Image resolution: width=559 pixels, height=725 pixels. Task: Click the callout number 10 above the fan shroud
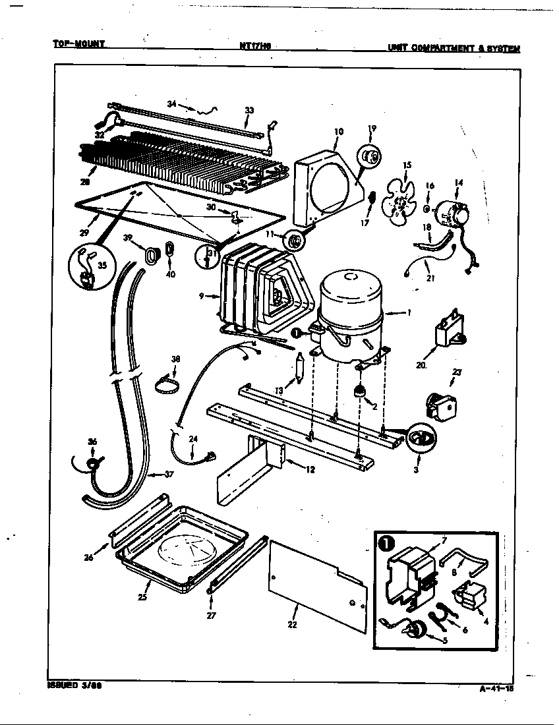338,131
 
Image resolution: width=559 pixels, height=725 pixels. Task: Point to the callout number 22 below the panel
293,624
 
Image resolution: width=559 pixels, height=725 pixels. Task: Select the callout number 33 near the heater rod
249,110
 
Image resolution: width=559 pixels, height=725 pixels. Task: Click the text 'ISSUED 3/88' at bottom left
74,685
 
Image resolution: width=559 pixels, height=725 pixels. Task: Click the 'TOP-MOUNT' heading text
79,45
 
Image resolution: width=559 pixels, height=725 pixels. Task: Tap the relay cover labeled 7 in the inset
407,569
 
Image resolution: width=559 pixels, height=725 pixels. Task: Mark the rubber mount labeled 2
360,391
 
